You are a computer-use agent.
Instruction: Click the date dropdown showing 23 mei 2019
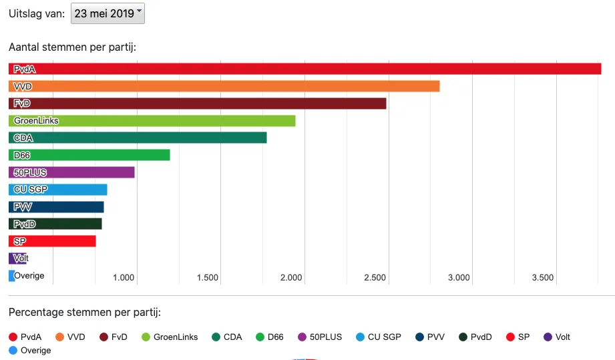(108, 13)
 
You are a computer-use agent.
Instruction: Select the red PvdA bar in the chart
(304, 69)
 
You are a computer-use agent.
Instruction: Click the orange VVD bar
(224, 86)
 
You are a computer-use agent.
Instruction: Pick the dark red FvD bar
(197, 104)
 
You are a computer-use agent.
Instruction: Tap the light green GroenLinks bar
(152, 120)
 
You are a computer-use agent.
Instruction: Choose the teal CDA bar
(138, 138)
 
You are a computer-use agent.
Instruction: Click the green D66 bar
(89, 155)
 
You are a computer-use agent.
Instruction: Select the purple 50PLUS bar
(71, 172)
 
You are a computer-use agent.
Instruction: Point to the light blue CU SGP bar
(57, 190)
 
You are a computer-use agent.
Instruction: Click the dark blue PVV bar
(56, 207)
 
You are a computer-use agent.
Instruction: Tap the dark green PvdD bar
(55, 224)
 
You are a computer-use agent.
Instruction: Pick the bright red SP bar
(52, 241)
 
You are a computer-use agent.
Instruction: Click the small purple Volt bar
(18, 258)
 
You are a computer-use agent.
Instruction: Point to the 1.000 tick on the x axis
(124, 278)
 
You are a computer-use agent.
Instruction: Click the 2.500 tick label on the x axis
(375, 278)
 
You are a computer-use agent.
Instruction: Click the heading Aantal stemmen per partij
(72, 47)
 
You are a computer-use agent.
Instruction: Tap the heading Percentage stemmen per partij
(84, 312)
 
